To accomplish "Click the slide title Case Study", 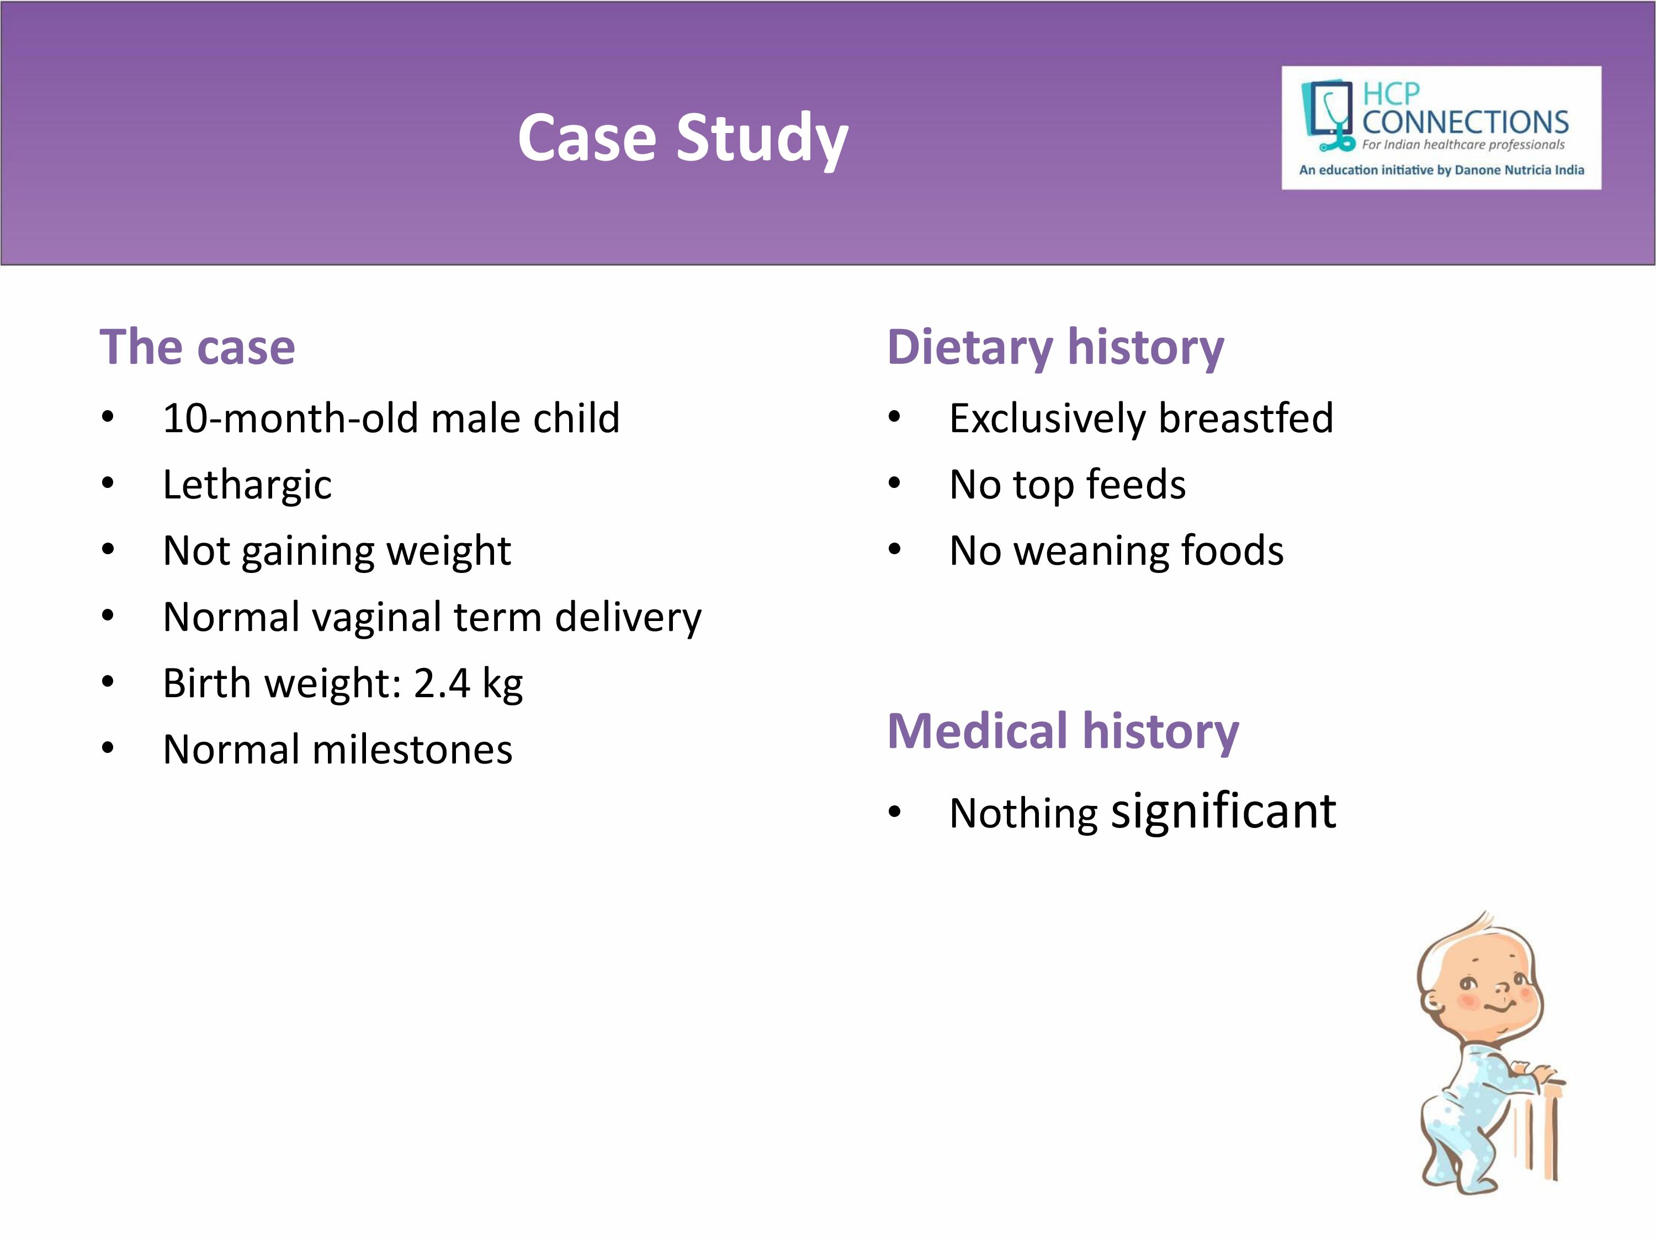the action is pos(683,139).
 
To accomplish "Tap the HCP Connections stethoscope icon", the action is pos(1328,116).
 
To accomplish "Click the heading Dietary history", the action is pos(1055,348).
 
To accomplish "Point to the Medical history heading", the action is pos(1063,731).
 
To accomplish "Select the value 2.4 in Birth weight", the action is pos(442,683).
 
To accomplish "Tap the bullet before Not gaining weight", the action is pos(108,549).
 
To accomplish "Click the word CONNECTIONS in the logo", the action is pos(1465,122).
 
